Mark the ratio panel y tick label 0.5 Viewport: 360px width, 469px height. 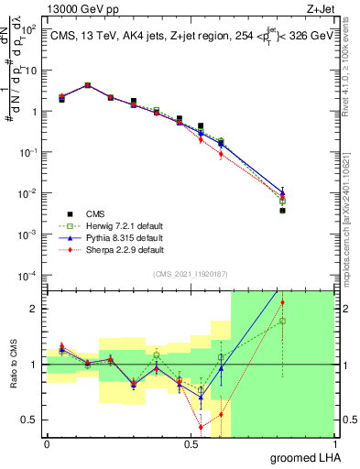30,420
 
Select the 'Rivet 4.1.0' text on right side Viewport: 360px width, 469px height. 350,82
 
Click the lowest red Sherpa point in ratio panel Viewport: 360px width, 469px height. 201,427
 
